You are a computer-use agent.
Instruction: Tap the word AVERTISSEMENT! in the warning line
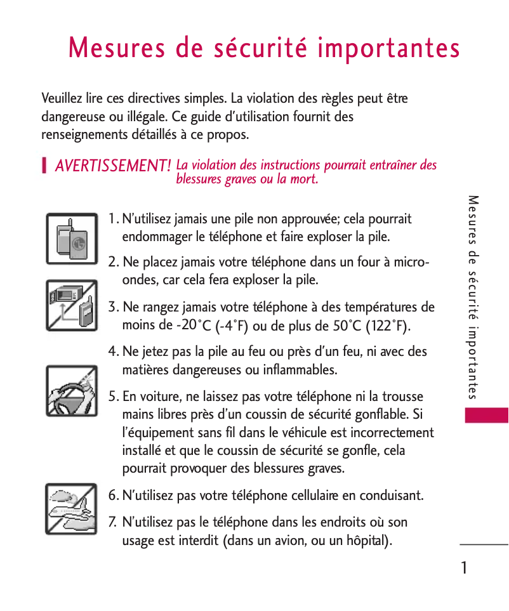point(113,166)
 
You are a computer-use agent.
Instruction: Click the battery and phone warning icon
point(72,239)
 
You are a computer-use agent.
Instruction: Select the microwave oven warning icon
point(72,305)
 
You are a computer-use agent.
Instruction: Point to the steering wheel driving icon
point(72,391)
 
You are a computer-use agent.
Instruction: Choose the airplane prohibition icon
point(72,508)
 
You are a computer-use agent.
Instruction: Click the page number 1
point(465,568)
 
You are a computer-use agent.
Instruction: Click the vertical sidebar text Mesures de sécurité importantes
point(473,298)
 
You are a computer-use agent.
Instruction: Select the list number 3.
point(112,308)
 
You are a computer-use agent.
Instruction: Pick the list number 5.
point(112,397)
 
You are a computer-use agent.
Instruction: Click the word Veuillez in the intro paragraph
point(62,99)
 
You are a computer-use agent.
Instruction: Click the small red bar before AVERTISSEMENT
point(44,166)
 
